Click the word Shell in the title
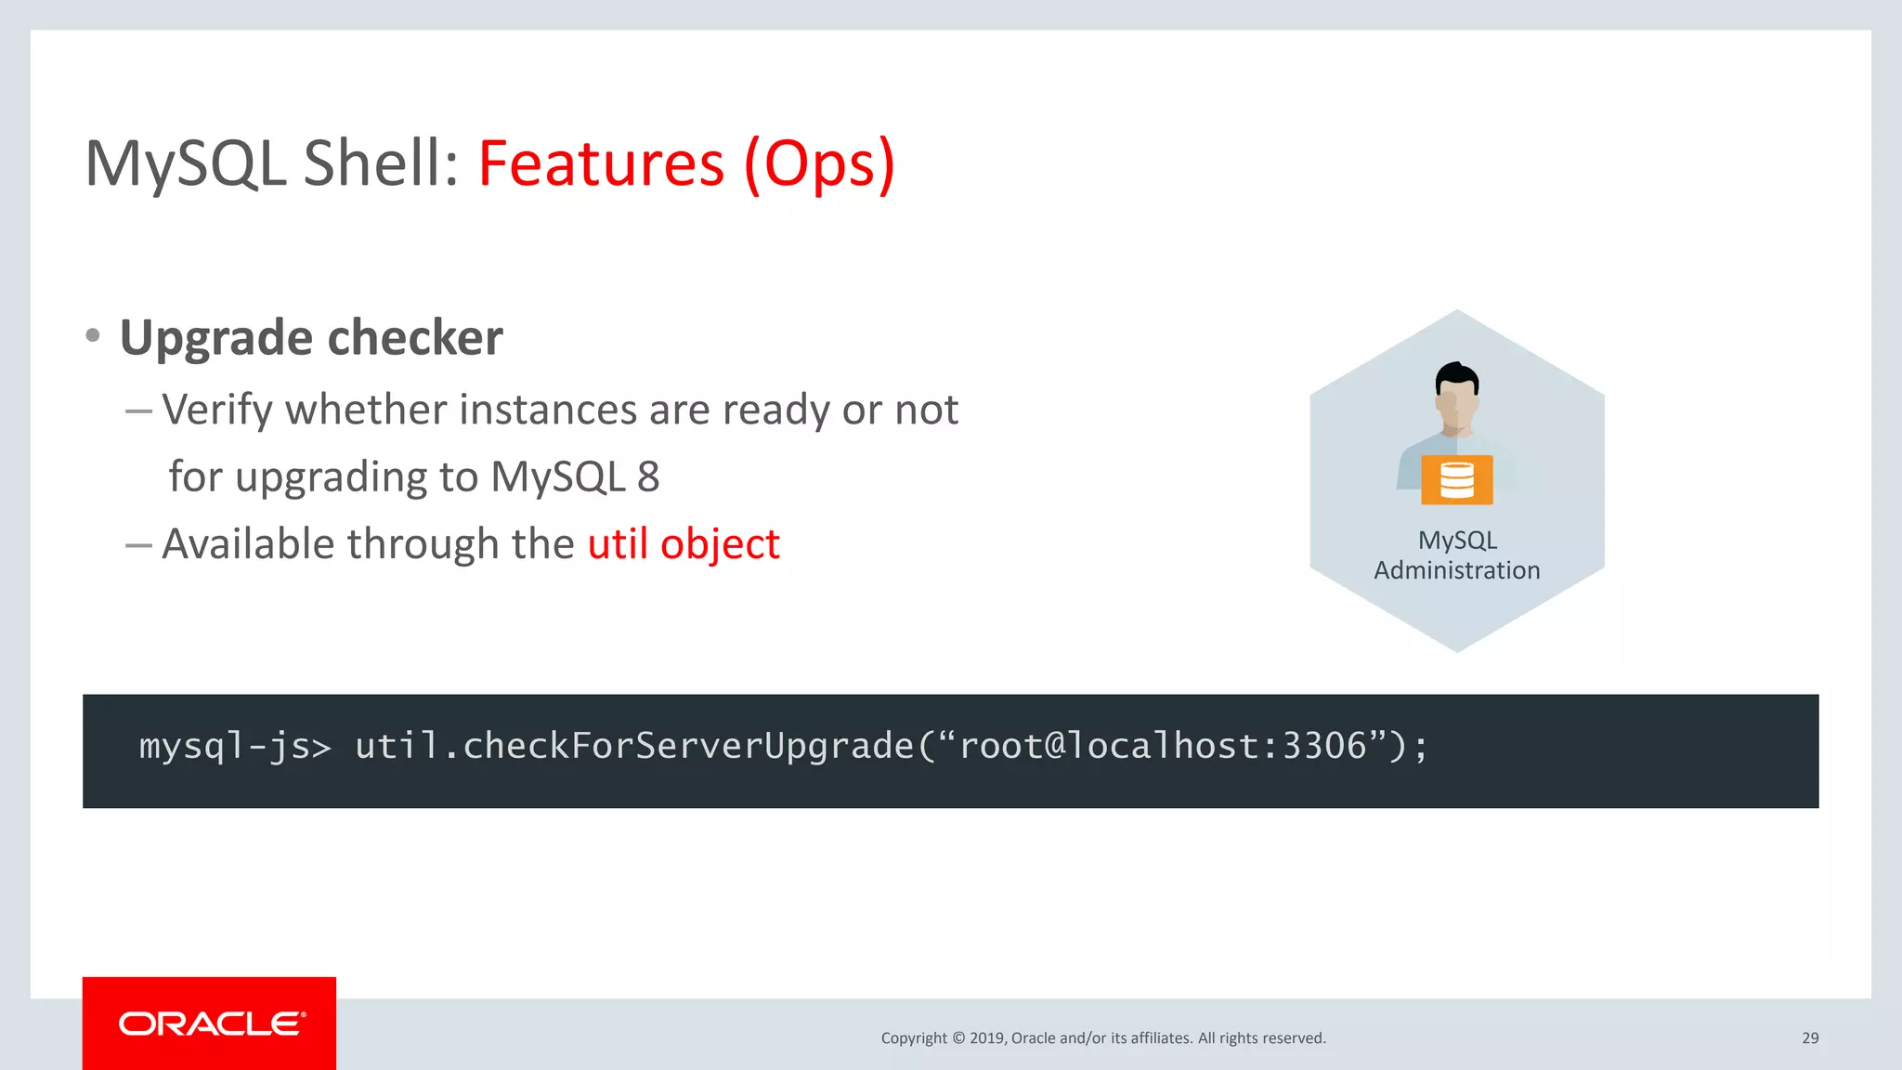pos(380,163)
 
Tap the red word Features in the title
pos(601,163)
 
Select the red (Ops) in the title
pos(819,163)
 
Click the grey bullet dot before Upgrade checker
pos(93,335)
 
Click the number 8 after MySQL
pos(648,477)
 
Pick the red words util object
pos(684,544)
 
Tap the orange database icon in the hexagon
pos(1456,480)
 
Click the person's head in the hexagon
pos(1456,395)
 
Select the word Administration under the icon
pos(1456,570)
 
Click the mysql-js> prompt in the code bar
pos(235,747)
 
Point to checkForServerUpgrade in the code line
pos(688,747)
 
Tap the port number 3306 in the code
pos(1324,747)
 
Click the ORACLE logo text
pos(211,1024)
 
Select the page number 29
pos(1809,1038)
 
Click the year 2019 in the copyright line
pos(986,1038)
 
